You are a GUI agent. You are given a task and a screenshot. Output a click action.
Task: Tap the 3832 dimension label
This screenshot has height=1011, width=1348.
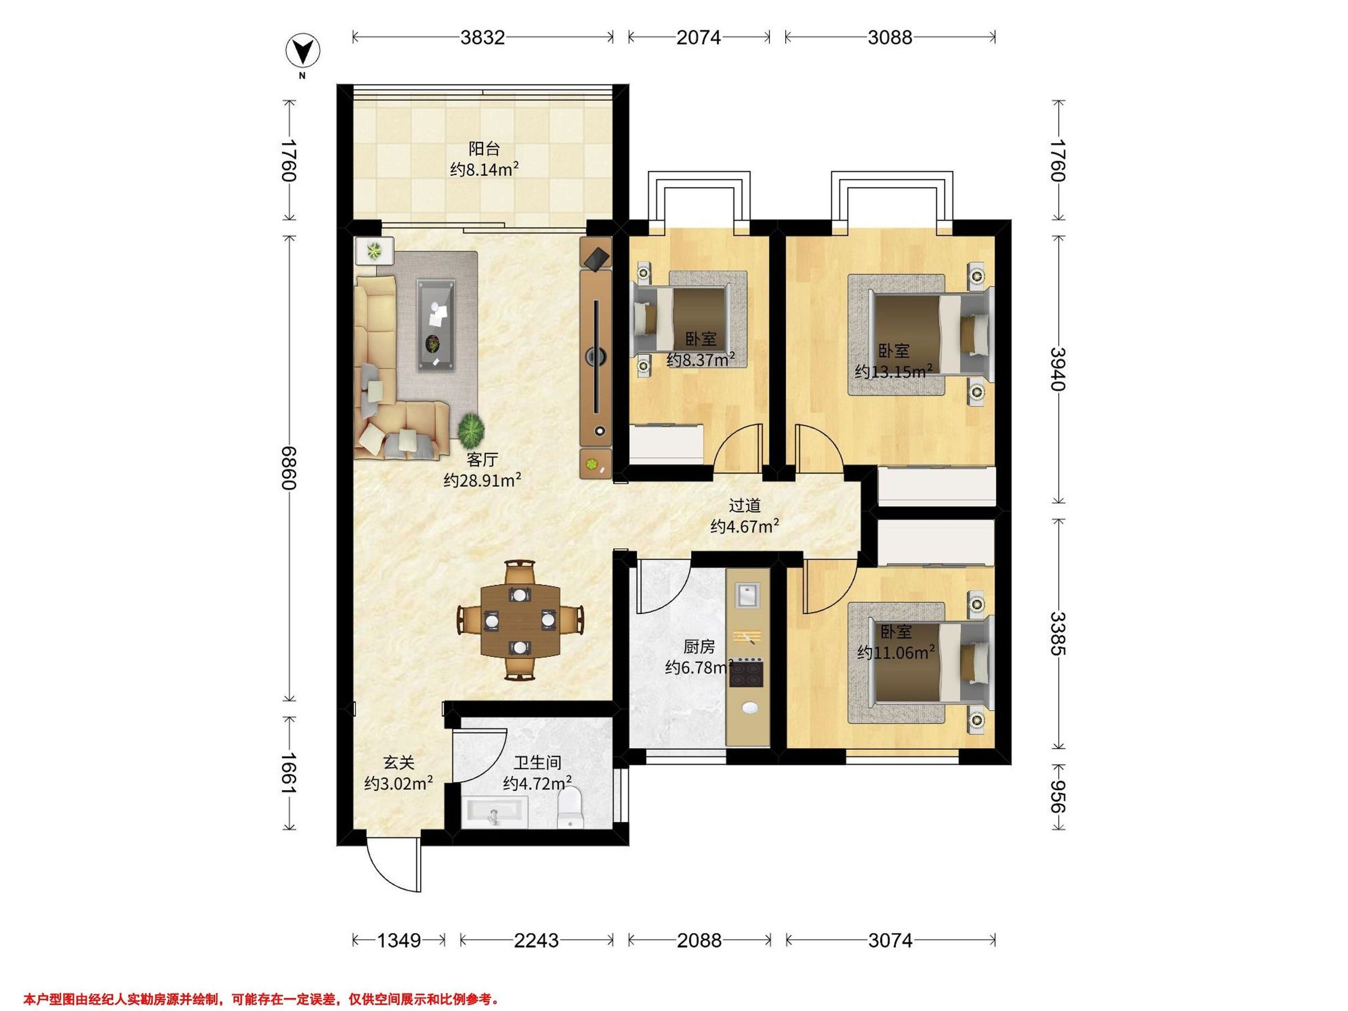(x=482, y=38)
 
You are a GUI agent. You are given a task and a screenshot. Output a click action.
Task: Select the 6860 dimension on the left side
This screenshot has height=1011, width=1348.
(x=288, y=468)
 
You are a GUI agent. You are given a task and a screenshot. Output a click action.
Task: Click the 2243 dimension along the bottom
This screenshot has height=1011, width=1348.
(x=536, y=941)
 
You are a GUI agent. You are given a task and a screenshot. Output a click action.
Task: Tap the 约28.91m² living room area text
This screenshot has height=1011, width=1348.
(x=482, y=480)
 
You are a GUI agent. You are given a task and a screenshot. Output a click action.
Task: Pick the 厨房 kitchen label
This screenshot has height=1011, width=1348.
(x=699, y=646)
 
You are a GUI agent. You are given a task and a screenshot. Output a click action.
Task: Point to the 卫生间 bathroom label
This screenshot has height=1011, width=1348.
(x=537, y=762)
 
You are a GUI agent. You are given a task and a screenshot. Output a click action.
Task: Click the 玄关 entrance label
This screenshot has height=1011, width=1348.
(x=399, y=762)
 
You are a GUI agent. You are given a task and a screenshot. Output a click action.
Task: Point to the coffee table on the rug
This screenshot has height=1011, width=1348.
(x=436, y=325)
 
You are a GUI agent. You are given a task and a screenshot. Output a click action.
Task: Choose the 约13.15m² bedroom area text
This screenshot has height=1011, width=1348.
(x=894, y=371)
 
